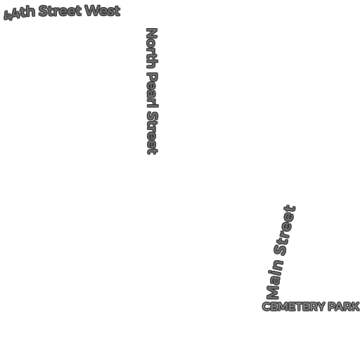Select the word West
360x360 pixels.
click(103, 11)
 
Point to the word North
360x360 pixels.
click(152, 49)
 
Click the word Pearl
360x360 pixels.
click(153, 90)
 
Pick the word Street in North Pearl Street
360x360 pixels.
click(153, 133)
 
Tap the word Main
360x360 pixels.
click(275, 279)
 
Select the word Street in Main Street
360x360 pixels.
click(285, 231)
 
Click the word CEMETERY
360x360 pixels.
click(293, 307)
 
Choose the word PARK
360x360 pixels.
click(344, 307)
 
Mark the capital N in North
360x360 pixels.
click(152, 34)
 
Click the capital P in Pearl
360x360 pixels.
click(153, 77)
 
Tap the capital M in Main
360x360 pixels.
click(273, 293)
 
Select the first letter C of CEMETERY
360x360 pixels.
click(266, 307)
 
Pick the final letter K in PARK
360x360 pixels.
click(355, 307)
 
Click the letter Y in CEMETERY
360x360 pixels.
click(321, 307)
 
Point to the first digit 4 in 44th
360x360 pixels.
click(8, 16)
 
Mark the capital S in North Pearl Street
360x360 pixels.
click(153, 116)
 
